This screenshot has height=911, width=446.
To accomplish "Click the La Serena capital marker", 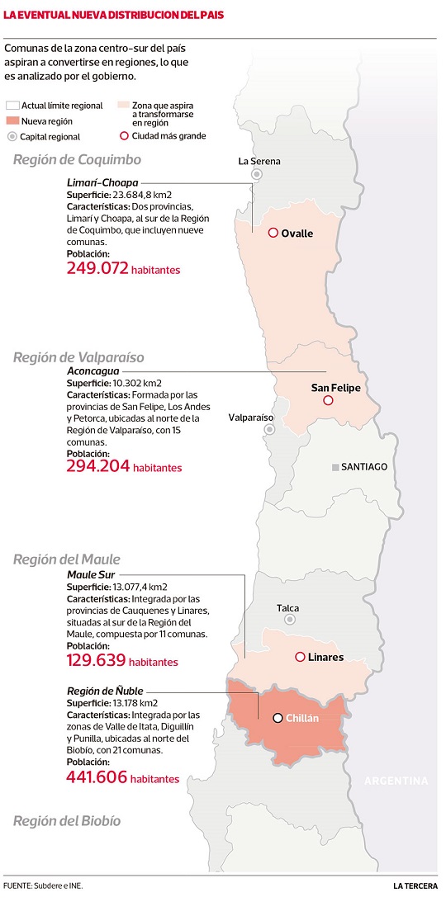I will pos(258,174).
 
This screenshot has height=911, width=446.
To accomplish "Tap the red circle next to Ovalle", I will pos(273,233).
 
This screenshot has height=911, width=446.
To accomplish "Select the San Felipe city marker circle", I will pos(328,400).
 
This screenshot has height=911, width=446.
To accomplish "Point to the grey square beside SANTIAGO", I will pos(335,467).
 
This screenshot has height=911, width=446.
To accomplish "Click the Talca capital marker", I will pos(290,619).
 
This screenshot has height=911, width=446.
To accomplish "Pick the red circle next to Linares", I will pos(298,657).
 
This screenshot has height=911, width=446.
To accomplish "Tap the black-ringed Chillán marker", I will pos(278,718).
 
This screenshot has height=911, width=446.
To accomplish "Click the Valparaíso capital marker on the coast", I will pos(268,430).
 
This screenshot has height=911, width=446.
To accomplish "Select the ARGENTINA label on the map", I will pos(396,781).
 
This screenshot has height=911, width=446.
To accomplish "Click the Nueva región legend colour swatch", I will pos(12,120).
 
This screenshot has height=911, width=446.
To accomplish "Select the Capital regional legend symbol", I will pos(12,136).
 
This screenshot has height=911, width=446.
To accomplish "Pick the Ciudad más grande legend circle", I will pos(125,136).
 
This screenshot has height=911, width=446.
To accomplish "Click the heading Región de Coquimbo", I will pos(77,159).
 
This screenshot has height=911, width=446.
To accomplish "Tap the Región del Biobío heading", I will pos(66,821).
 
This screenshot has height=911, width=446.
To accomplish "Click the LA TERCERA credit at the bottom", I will pos(415,886).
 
